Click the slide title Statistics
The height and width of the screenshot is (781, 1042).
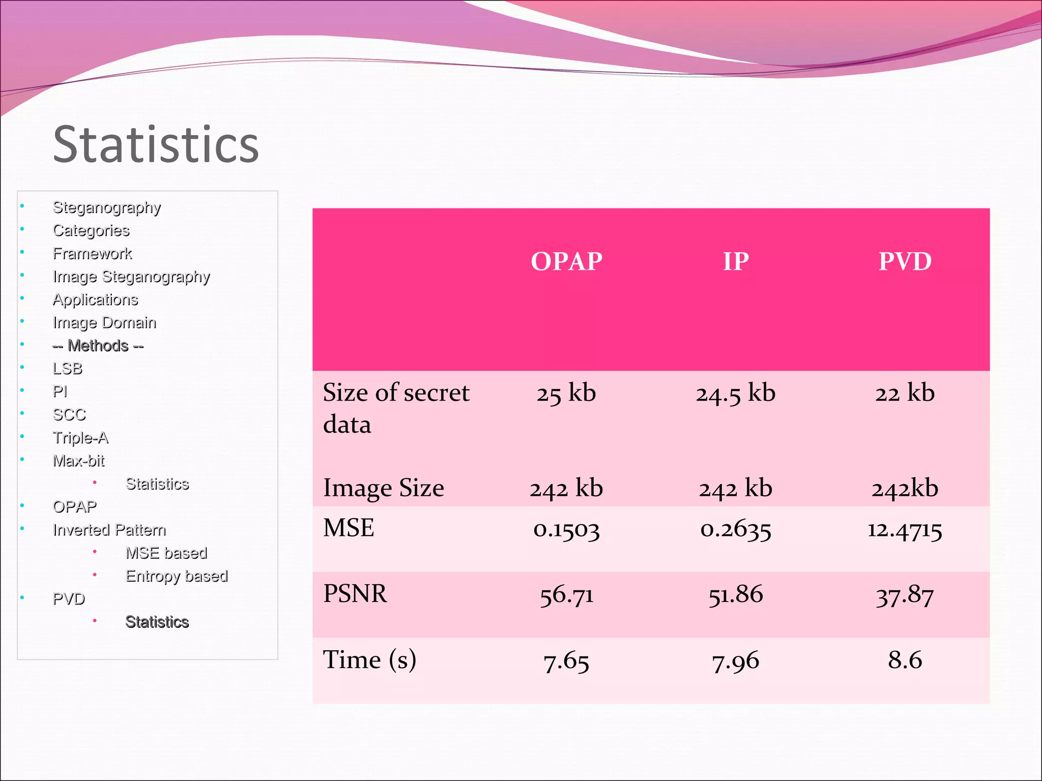click(x=156, y=145)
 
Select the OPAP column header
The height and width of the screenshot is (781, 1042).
click(x=566, y=261)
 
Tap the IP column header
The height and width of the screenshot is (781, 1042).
click(x=736, y=261)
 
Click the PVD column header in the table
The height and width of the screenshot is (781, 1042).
click(x=905, y=261)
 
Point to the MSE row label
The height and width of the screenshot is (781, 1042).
click(x=349, y=528)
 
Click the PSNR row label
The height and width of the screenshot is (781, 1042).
click(x=355, y=594)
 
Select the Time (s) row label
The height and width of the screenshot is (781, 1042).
click(x=369, y=660)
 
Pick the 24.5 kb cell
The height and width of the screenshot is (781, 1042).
click(x=736, y=394)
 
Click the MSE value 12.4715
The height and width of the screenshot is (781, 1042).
click(x=905, y=530)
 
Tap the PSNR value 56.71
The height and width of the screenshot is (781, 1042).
click(x=566, y=595)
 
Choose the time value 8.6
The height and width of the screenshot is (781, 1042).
click(x=905, y=660)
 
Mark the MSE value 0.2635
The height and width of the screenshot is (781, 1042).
click(x=736, y=530)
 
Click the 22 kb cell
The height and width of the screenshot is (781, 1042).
click(x=905, y=394)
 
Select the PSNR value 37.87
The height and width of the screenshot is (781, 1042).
click(x=905, y=595)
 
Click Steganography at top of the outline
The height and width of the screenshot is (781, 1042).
click(x=107, y=207)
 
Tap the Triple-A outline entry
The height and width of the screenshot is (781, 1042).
click(x=80, y=438)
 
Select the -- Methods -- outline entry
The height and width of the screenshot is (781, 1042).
click(x=98, y=346)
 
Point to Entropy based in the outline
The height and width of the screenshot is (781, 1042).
click(x=177, y=576)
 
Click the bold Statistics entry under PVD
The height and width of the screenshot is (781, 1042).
click(x=157, y=622)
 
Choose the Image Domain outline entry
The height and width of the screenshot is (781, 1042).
click(x=104, y=323)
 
